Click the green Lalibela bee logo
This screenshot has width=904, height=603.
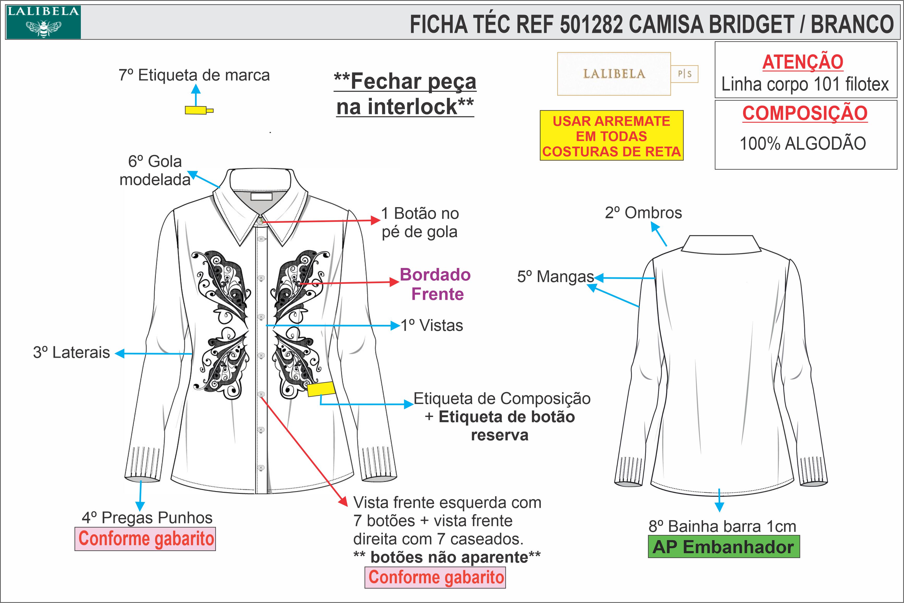[x=43, y=22]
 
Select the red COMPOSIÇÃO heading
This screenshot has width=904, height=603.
[x=804, y=113]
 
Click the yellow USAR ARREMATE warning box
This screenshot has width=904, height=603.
[x=611, y=136]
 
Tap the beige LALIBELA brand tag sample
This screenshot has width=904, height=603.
[x=614, y=74]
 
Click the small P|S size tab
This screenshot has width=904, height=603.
[x=684, y=74]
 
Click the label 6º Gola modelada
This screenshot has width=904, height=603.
[x=155, y=170]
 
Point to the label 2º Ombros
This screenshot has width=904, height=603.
[x=643, y=213]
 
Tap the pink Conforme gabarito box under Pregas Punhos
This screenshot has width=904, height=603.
[x=145, y=539]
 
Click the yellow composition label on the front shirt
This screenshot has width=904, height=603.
[x=321, y=389]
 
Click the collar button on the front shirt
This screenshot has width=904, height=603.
[x=260, y=221]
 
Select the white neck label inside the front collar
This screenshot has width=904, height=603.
[x=261, y=196]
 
